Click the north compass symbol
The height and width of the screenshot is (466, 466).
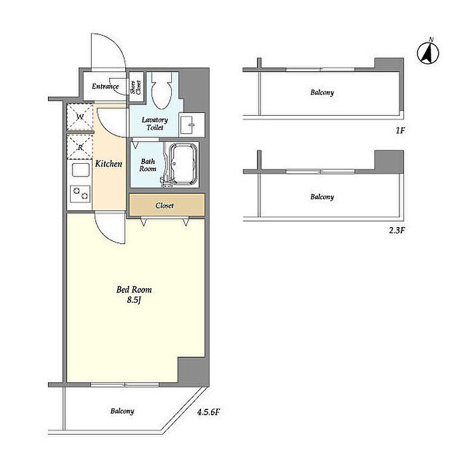pos(428,53)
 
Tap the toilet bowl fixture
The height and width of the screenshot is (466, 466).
pos(161,90)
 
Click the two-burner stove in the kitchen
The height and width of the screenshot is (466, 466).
pos(81,194)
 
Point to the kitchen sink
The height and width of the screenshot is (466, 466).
pos(81,170)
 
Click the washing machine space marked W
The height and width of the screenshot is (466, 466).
pos(80,116)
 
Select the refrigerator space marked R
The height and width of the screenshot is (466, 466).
pos(80,147)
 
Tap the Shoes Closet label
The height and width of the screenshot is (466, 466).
pos(136,87)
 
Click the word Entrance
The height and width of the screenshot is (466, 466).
pos(105,86)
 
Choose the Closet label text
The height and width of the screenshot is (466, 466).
pos(164,205)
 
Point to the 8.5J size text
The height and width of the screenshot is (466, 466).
pos(134,300)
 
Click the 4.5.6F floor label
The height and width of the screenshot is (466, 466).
pos(208,412)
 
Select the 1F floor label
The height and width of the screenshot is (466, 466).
pos(400,130)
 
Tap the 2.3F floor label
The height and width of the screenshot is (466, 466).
pos(397,230)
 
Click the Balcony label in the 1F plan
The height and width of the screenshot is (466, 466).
pos(322,93)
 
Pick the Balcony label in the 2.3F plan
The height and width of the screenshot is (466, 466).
pos(322,197)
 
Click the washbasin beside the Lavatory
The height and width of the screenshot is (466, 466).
pos(192,124)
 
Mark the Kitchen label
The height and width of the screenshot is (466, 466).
pos(109,164)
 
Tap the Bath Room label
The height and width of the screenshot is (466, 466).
pos(148,165)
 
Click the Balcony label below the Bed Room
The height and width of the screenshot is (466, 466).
pos(122,411)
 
